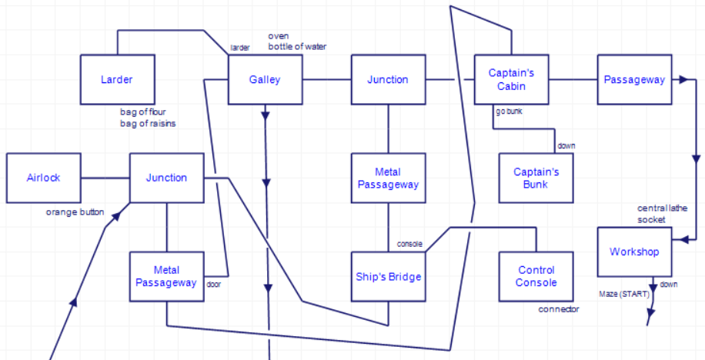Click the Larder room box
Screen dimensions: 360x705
(117, 79)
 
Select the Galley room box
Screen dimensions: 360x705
(265, 79)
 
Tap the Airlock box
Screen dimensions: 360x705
(43, 178)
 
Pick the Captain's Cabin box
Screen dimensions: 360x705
(511, 79)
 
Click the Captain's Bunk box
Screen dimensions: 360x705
(536, 178)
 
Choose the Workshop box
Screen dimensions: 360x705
(634, 252)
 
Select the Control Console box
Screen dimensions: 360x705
(536, 276)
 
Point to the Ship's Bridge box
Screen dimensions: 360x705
(388, 276)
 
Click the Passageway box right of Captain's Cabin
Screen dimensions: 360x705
(634, 79)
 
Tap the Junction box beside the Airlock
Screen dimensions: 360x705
(166, 178)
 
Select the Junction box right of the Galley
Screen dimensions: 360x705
(388, 79)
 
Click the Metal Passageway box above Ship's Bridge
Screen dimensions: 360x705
(388, 178)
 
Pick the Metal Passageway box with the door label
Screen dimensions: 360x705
(166, 276)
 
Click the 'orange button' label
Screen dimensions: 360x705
(75, 212)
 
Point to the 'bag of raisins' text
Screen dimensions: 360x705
(148, 124)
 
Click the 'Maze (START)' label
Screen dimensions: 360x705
(624, 294)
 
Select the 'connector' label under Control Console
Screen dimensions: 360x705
(558, 309)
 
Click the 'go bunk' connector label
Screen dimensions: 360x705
(509, 112)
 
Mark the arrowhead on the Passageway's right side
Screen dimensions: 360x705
(681, 79)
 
